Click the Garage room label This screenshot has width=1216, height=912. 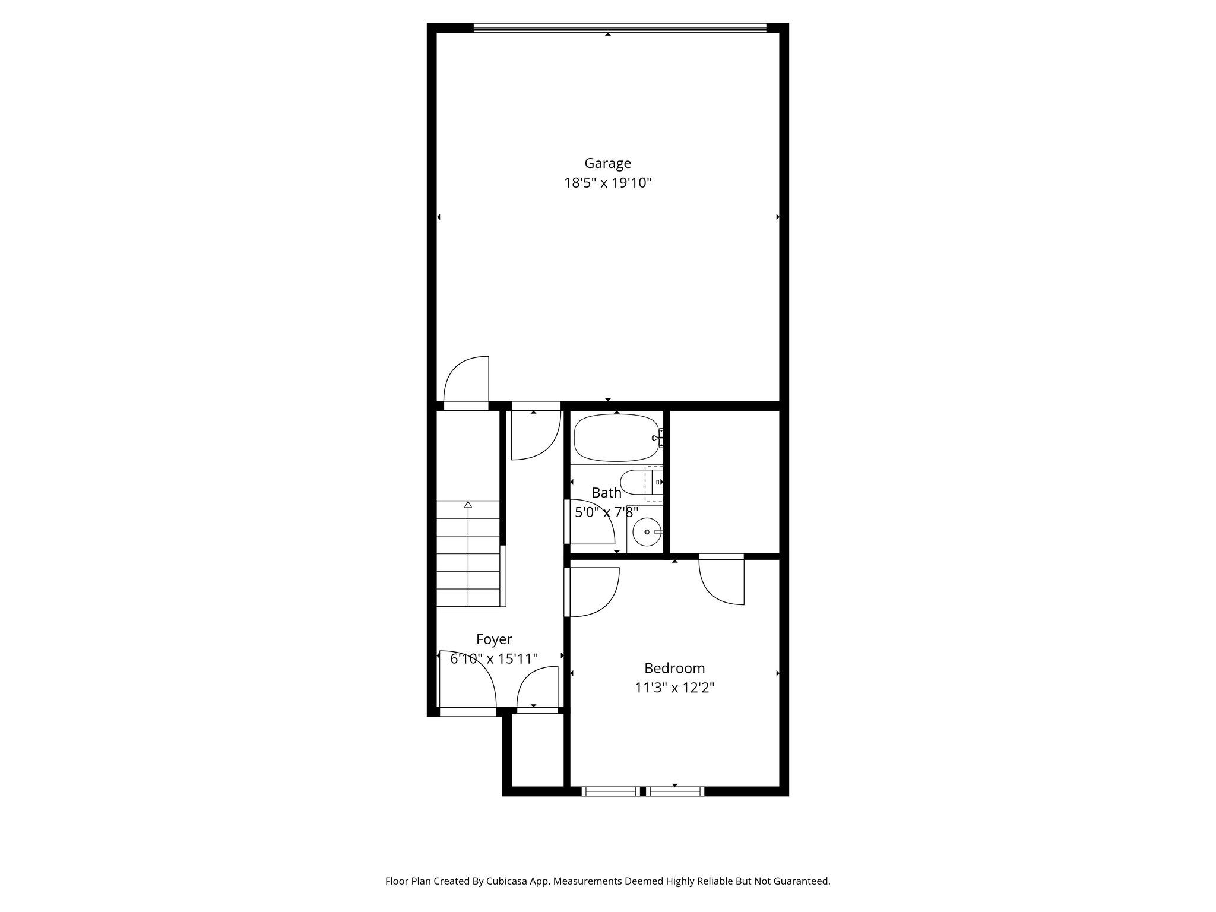[607, 163]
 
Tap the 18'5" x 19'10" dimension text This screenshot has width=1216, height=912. [607, 183]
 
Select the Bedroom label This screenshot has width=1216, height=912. [674, 668]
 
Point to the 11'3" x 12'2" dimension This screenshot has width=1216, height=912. [674, 688]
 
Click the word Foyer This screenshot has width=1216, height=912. [494, 639]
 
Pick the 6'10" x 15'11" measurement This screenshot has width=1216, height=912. [494, 658]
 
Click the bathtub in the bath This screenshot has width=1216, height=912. [616, 438]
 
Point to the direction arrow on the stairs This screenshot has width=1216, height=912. [468, 505]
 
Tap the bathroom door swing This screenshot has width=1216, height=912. [591, 522]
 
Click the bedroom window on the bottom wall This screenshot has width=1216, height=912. [643, 791]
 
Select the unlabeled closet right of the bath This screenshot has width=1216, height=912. [724, 481]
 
